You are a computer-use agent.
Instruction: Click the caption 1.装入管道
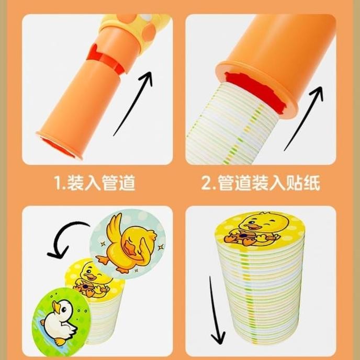(95, 183)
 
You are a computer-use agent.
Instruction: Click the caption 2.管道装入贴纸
(261, 183)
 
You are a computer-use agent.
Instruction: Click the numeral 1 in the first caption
(59, 183)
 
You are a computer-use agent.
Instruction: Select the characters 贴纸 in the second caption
(304, 183)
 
